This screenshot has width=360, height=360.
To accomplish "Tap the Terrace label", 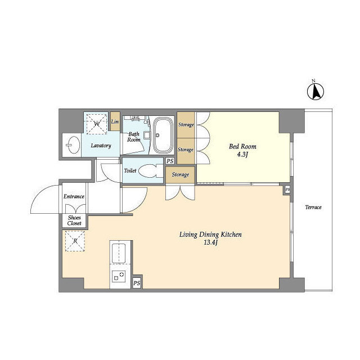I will pyautogui.click(x=313, y=208).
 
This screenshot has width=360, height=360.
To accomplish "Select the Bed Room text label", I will pyautogui.click(x=242, y=146).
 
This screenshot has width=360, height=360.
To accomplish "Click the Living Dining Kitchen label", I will pyautogui.click(x=210, y=235).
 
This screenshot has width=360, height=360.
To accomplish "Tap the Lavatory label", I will pyautogui.click(x=101, y=146).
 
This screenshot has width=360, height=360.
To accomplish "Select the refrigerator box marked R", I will pyautogui.click(x=74, y=242).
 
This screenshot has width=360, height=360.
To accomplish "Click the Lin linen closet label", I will pyautogui.click(x=115, y=122).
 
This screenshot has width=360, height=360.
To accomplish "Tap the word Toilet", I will pyautogui.click(x=129, y=170).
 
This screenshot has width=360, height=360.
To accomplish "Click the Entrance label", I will pyautogui.click(x=74, y=196).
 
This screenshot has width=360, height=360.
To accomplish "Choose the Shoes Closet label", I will pyautogui.click(x=74, y=220).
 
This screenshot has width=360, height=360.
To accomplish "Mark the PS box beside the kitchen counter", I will pyautogui.click(x=137, y=283).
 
